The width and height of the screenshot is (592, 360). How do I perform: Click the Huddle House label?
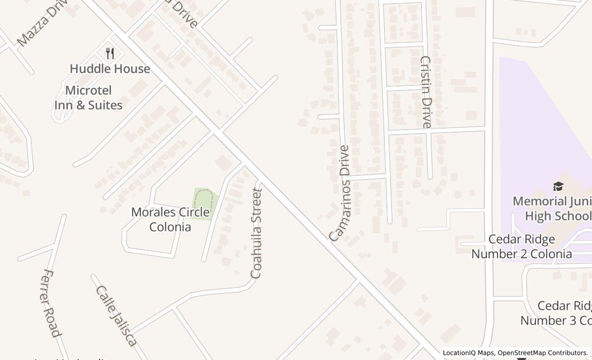click(110, 69)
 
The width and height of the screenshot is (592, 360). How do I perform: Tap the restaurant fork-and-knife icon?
click(109, 53)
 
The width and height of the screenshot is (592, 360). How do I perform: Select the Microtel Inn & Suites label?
click(88, 98)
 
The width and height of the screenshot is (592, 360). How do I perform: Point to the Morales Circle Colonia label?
click(170, 219)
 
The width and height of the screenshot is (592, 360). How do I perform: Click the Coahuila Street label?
click(256, 233)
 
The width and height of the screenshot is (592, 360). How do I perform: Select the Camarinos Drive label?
click(340, 193)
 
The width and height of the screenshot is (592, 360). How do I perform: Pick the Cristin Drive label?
click(425, 92)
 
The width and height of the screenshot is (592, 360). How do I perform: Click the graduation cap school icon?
click(558, 187)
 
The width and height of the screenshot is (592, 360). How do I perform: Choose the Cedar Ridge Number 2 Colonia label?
click(522, 246)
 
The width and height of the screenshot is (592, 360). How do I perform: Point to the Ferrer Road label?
click(52, 303)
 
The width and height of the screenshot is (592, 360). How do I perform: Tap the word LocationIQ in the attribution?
click(461, 353)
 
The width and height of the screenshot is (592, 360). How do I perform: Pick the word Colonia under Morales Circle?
click(170, 227)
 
